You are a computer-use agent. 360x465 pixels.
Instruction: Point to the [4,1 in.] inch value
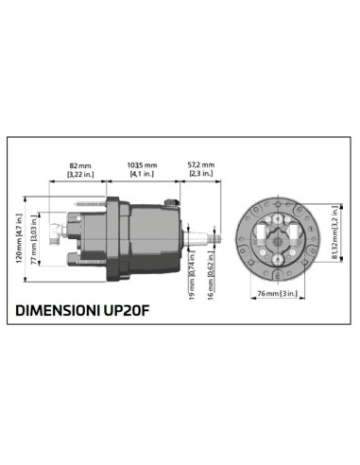click(143, 174)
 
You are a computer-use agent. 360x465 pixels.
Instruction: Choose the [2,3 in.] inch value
click(201, 174)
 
